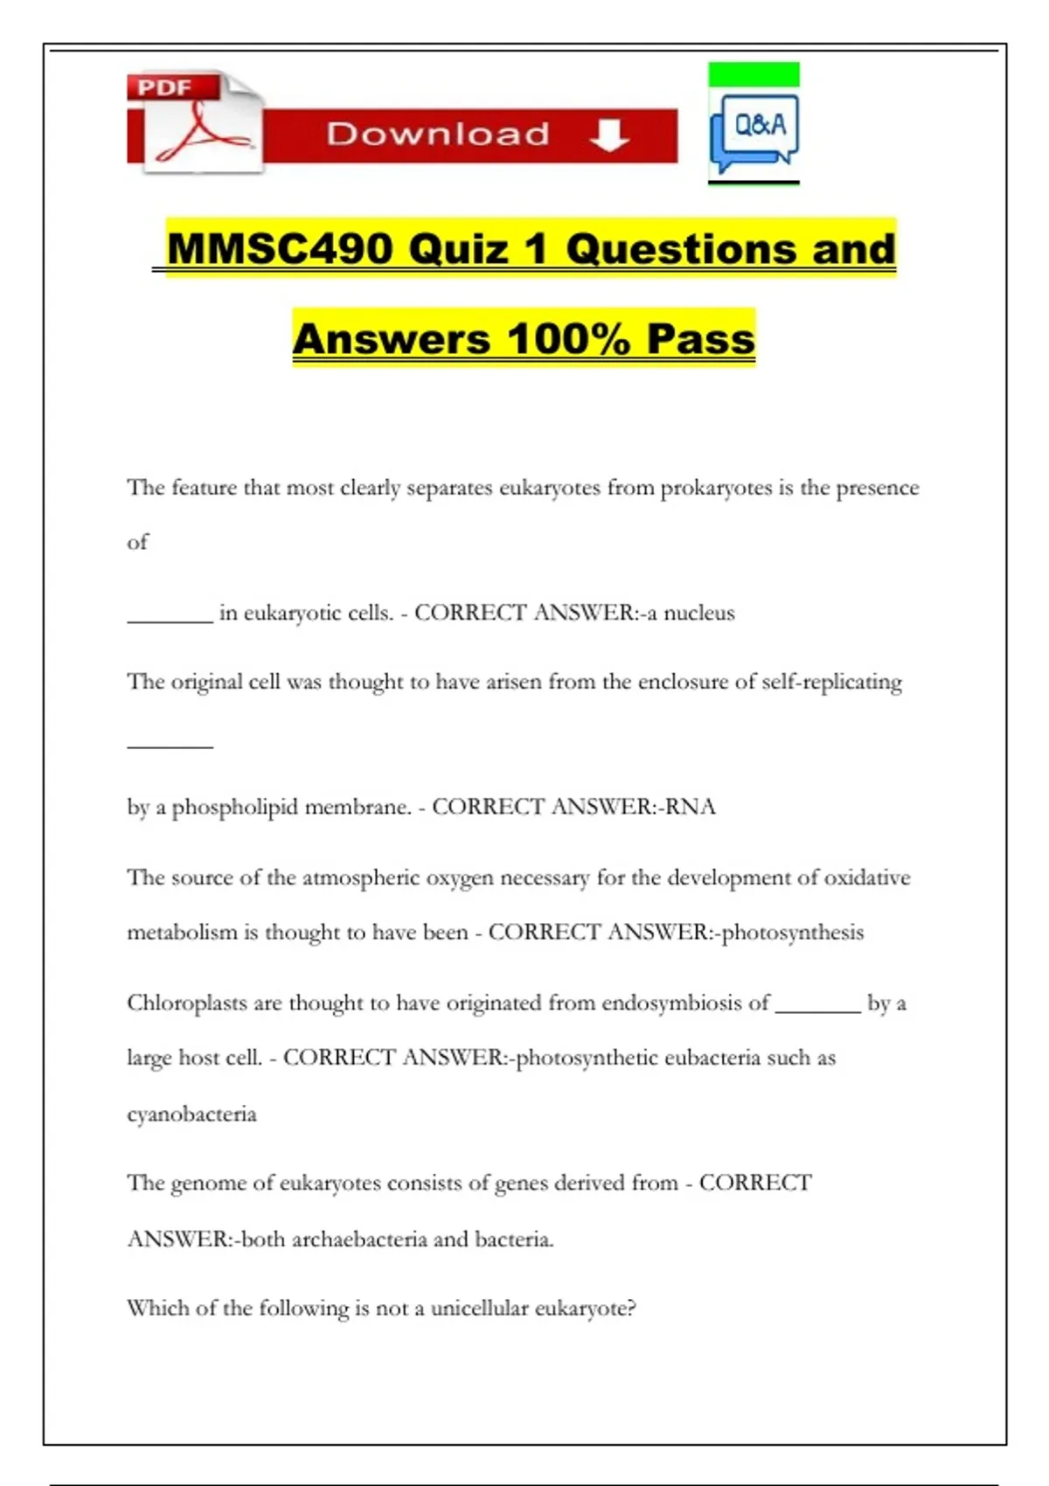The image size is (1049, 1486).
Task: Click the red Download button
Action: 455,135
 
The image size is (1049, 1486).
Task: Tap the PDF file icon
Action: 197,122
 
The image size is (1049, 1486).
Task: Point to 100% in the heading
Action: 568,339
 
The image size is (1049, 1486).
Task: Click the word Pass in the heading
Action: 700,339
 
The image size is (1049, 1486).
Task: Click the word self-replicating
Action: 831,682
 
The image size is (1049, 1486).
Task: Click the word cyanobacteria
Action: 191,1114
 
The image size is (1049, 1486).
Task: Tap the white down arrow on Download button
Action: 609,135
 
